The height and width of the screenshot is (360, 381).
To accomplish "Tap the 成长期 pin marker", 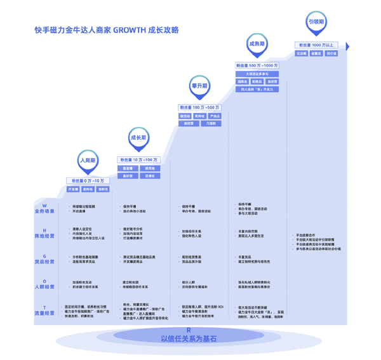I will coord(138,138).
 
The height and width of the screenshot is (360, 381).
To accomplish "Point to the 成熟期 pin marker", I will coord(257,44).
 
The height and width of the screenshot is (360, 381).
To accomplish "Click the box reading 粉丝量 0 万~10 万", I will coord(88,181).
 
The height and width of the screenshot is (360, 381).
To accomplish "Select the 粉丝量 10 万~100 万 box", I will coord(138,160).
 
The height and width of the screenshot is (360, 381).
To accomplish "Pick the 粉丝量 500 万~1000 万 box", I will coord(257,65).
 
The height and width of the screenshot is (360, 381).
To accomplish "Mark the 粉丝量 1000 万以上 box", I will coord(316,45).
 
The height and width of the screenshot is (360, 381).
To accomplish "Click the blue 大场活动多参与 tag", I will coord(257,74).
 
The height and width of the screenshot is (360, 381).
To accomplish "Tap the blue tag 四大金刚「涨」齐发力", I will coord(257,90).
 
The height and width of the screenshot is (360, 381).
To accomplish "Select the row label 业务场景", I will coord(44,211).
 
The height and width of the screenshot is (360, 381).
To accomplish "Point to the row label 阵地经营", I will coord(44,236).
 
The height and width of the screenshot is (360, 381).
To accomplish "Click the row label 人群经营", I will coord(44,286).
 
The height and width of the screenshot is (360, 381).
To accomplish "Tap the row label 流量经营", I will coord(44,313).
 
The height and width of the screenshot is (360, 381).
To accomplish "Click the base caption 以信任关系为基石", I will coord(189,339).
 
